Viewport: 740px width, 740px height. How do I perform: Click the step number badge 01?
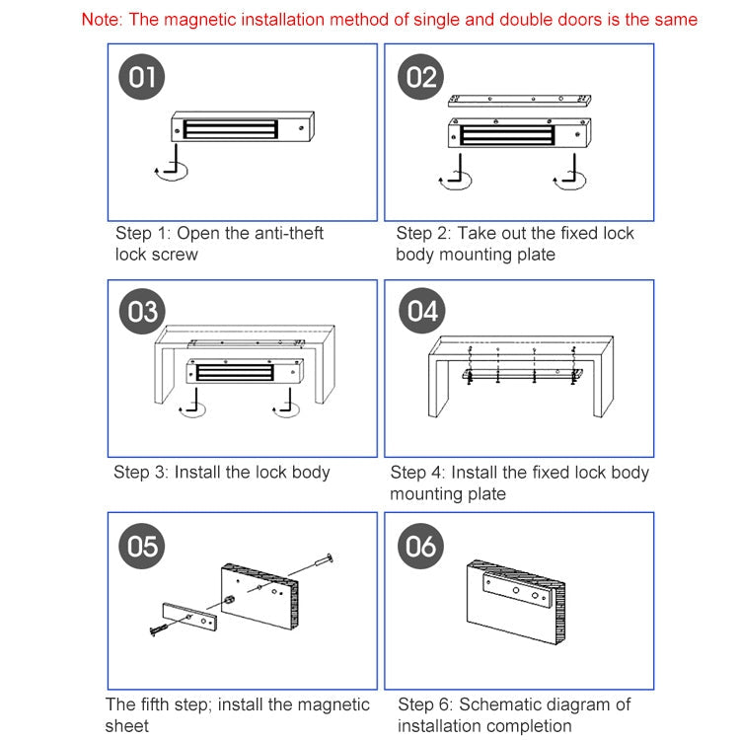[x=142, y=77]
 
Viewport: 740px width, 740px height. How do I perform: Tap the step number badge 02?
[x=421, y=77]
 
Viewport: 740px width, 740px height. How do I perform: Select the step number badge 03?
[x=142, y=312]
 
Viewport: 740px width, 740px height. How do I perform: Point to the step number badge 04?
[x=421, y=312]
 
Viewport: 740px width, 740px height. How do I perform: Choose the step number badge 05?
[x=142, y=546]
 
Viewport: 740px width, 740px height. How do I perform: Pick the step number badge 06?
[x=421, y=546]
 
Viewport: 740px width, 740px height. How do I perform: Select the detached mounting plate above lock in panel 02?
[x=520, y=100]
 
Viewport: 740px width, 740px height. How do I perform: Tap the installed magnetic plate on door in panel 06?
[x=515, y=594]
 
